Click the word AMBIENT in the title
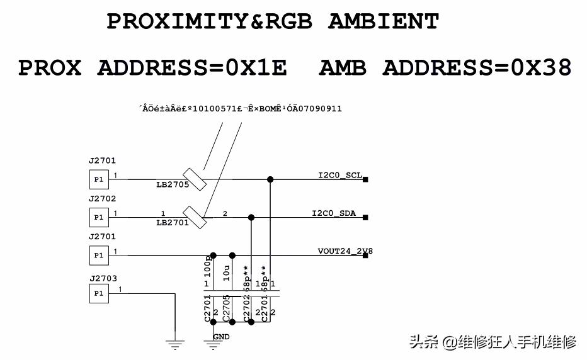383,22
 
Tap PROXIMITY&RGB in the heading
210,22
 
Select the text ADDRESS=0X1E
191,67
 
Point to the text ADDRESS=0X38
476,67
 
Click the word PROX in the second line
50,67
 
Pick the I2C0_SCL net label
340,175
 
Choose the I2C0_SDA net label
334,213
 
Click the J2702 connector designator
102,199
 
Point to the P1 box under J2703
98,294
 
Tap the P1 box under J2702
98,217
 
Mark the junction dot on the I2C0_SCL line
270,179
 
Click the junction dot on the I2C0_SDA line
251,217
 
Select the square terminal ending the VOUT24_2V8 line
365,256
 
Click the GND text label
221,337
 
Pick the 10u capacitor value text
226,274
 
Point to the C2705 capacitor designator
226,309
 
